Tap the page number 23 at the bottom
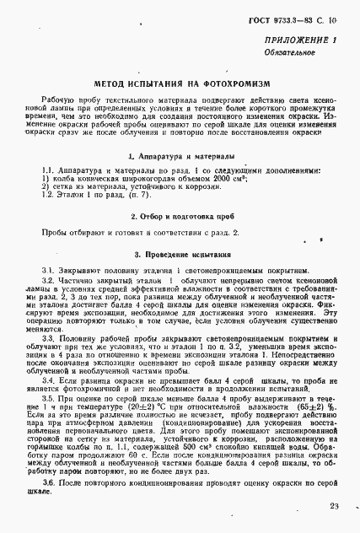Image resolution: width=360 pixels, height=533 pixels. [x=335, y=506]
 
